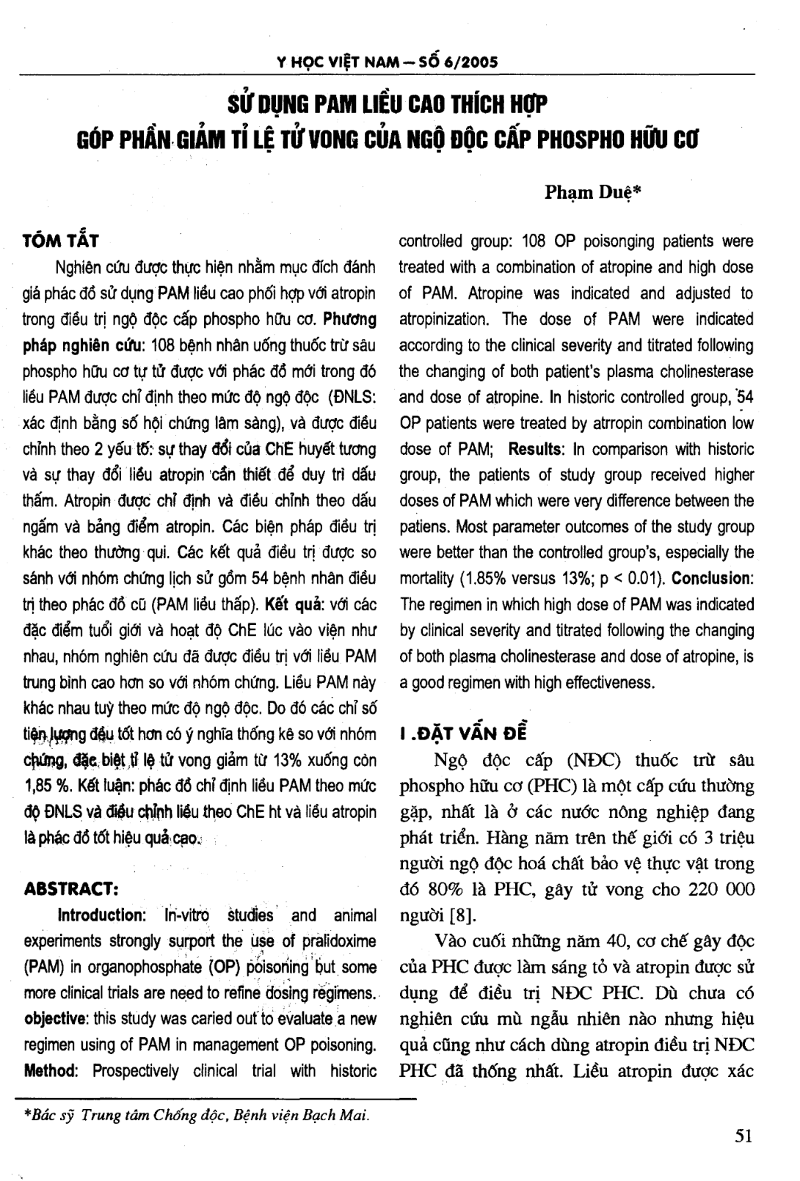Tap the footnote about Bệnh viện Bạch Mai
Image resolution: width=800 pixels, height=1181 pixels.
click(197, 1115)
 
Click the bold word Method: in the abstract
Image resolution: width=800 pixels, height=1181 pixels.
click(51, 1071)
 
